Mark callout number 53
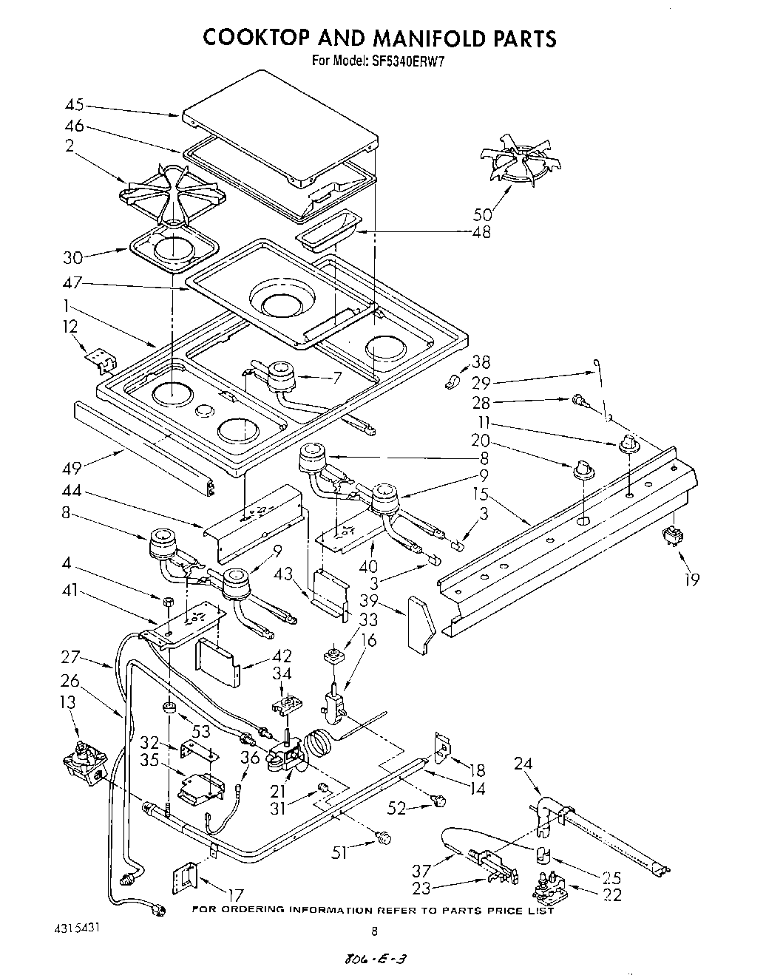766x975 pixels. tap(201, 732)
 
